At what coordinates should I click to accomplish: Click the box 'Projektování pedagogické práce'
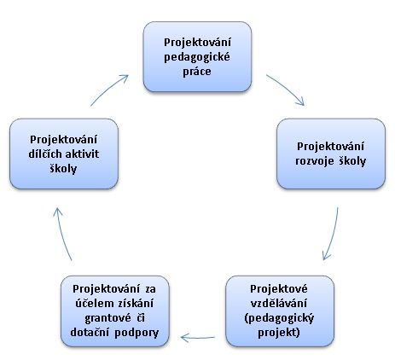pyautogui.click(x=197, y=56)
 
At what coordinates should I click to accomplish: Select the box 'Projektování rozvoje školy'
pyautogui.click(x=331, y=154)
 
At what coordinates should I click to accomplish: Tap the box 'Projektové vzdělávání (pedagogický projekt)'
pyautogui.click(x=280, y=311)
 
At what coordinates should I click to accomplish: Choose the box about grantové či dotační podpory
pyautogui.click(x=115, y=311)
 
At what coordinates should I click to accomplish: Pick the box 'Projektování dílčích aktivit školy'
pyautogui.click(x=64, y=154)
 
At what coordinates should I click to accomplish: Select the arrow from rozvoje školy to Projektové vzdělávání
pyautogui.click(x=333, y=234)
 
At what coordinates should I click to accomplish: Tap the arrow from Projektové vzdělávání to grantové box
pyautogui.click(x=198, y=338)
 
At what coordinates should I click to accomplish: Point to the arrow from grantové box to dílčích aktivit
pyautogui.click(x=62, y=233)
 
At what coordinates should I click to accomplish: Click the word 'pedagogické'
pyautogui.click(x=197, y=57)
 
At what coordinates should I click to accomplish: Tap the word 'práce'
pyautogui.click(x=197, y=72)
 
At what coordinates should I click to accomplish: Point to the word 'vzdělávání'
pyautogui.click(x=279, y=303)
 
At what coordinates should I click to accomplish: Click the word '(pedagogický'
pyautogui.click(x=279, y=318)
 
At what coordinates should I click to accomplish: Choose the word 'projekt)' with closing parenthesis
pyautogui.click(x=279, y=333)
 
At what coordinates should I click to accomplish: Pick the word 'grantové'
pyautogui.click(x=107, y=318)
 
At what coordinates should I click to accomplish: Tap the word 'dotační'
pyautogui.click(x=90, y=333)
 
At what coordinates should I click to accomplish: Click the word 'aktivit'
pyautogui.click(x=82, y=154)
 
